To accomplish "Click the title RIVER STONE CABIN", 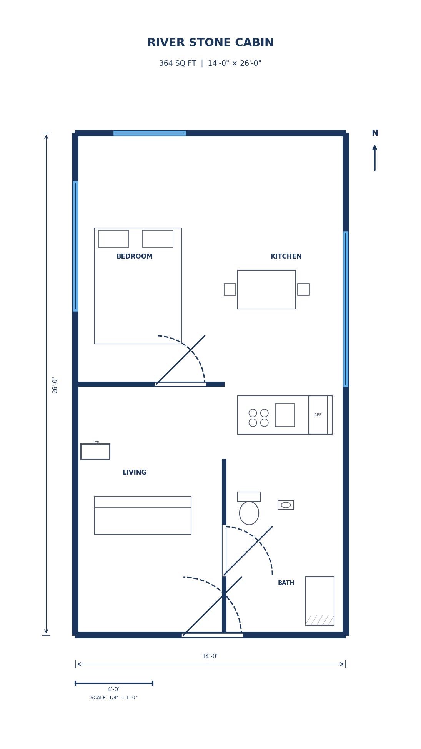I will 210,43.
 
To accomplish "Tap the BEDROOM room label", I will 135,256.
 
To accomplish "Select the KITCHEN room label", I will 286,256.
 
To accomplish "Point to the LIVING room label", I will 135,472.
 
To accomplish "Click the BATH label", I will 286,583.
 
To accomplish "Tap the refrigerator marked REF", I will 318,415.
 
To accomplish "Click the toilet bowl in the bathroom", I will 249,513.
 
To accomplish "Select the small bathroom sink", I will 286,505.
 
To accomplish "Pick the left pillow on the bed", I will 113,239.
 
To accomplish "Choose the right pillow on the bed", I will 158,239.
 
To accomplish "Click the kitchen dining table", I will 266,289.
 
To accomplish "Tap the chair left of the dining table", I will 230,289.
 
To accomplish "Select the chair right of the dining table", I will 303,289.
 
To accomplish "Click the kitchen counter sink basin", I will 285,415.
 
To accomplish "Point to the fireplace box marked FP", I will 95,452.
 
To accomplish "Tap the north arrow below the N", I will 374,158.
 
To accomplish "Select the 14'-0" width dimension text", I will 210,656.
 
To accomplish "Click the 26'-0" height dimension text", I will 55,385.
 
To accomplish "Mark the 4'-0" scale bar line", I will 114,683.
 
